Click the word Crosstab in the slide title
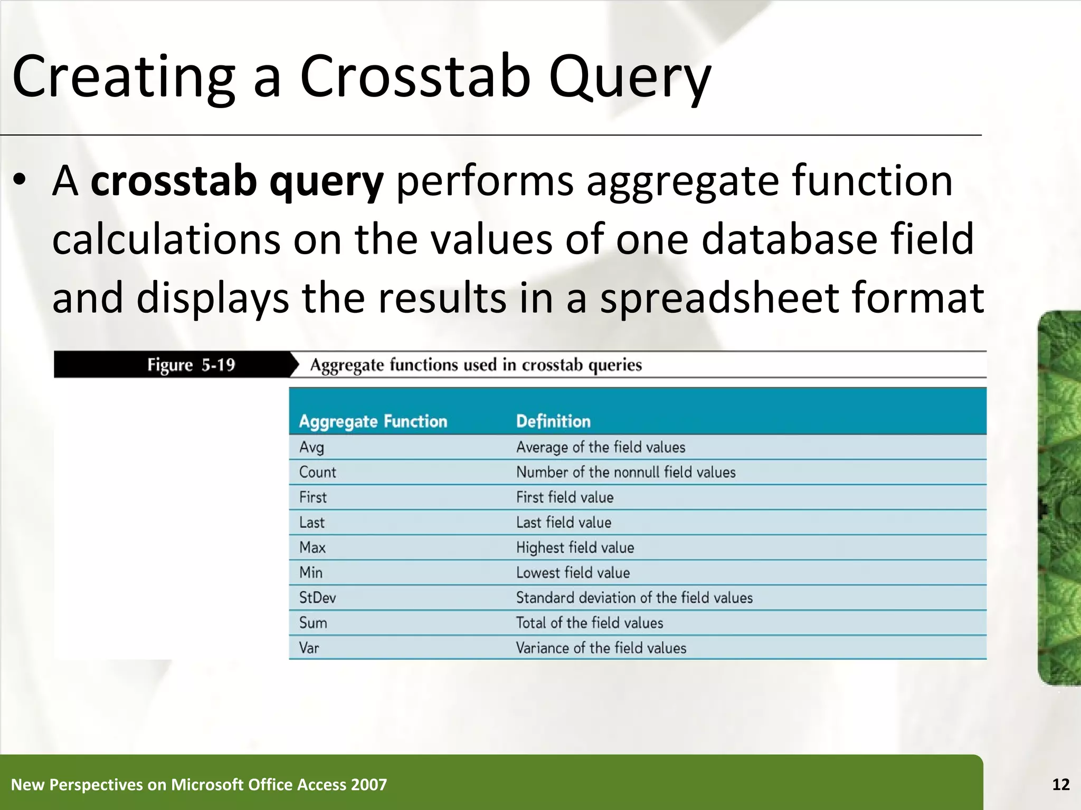415,76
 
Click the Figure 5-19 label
191,365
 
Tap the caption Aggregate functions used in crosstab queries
476,365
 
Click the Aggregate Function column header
373,421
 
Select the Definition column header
553,421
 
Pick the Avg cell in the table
311,447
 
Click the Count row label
317,472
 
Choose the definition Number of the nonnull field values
625,472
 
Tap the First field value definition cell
565,497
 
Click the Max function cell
312,547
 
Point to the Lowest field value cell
573,573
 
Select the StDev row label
317,597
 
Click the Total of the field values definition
589,623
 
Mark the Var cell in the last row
309,648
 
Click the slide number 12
1060,785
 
